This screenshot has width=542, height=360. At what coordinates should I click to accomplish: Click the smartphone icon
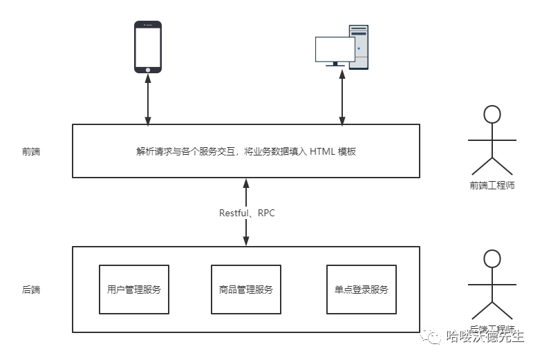[147, 46]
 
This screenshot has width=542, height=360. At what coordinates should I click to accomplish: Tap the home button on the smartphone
[147, 69]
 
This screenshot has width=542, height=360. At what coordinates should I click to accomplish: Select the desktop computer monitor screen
[335, 49]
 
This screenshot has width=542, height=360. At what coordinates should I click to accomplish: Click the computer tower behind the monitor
[359, 46]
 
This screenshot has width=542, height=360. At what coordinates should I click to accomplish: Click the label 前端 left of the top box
[31, 151]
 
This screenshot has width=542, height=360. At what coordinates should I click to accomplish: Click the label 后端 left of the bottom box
[31, 290]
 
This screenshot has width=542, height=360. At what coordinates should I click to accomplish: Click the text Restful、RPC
[247, 213]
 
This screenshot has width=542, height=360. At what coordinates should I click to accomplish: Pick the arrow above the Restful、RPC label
[246, 191]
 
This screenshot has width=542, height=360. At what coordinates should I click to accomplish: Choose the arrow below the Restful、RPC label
[246, 233]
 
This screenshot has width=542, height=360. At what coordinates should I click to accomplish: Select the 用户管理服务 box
[134, 290]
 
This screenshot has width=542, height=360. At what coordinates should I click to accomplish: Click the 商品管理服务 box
[245, 290]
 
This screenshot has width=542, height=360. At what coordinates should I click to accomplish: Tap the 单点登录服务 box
[361, 290]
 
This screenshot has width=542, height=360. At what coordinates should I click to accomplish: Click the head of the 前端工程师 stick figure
[492, 115]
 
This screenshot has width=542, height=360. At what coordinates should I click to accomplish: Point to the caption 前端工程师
[492, 186]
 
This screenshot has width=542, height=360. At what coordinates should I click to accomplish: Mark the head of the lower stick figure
[492, 259]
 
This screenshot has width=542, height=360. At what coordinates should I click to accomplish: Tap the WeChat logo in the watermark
[434, 337]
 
